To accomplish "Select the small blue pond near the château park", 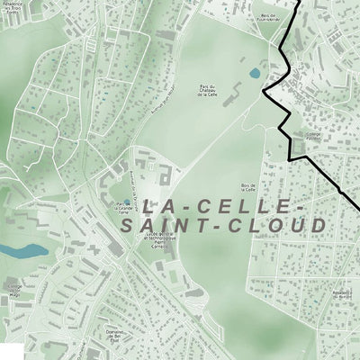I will coord(255,72).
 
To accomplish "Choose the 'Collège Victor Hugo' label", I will coord(13,290).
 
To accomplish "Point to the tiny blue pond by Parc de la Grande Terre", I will coord(126,202).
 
